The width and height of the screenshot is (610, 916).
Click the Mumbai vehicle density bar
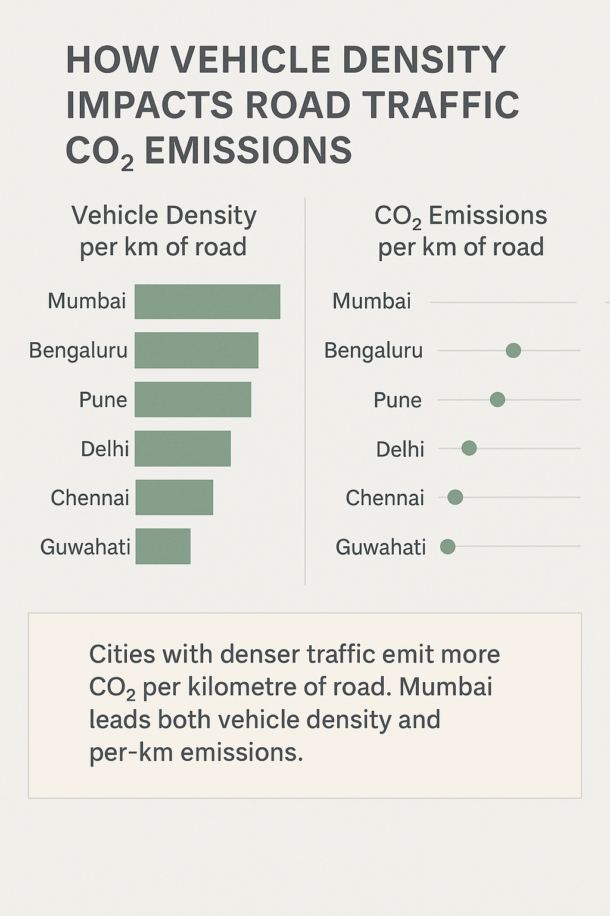point(207,302)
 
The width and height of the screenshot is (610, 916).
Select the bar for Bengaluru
point(197,351)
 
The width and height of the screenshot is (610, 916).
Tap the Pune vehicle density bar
point(193,400)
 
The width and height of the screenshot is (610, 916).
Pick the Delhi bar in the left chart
point(182,448)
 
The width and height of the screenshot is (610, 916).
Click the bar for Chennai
point(174,497)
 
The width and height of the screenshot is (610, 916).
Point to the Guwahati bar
point(163,546)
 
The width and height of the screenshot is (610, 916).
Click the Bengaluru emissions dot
point(513,351)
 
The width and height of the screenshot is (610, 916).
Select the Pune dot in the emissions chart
point(497,400)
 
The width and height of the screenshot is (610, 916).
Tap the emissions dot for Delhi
point(469,448)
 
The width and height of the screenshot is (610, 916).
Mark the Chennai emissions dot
point(455,497)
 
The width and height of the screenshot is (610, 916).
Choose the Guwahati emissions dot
point(447,546)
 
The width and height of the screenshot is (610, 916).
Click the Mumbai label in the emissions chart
point(372,302)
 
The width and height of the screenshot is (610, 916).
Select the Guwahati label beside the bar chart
point(85,547)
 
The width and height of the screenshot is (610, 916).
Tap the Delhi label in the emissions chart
point(400,449)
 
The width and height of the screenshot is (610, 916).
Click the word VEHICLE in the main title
point(250,60)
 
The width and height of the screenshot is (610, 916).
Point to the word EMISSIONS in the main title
point(248,150)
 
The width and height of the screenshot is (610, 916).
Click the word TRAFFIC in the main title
point(441,105)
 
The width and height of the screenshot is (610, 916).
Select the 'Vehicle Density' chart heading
point(164,216)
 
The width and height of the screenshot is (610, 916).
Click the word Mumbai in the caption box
point(446,687)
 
